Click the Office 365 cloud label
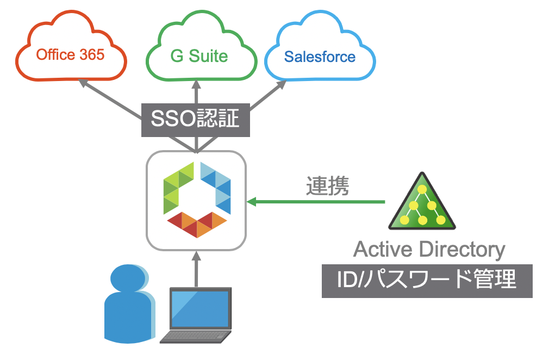pos(70,55)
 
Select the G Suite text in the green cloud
pos(199,56)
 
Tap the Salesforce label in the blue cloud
pos(320,57)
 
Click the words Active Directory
pos(429,250)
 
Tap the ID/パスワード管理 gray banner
pos(427,281)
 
